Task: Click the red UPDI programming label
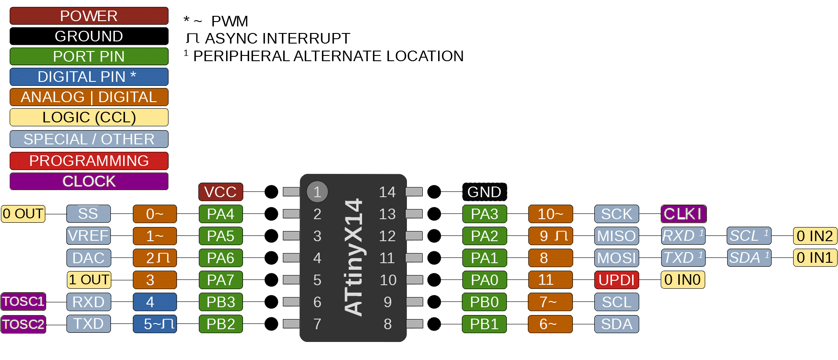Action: click(x=616, y=280)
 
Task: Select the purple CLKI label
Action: click(x=683, y=214)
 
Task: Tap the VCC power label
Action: click(x=220, y=192)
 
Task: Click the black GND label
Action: click(x=484, y=192)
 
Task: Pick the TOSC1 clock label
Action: click(x=23, y=302)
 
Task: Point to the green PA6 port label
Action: click(x=220, y=258)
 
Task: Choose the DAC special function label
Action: click(x=88, y=258)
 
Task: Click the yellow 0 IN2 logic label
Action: click(x=815, y=236)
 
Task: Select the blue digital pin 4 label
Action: click(x=154, y=302)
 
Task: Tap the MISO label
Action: click(x=616, y=236)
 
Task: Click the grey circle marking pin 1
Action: click(x=317, y=192)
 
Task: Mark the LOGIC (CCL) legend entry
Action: click(x=89, y=118)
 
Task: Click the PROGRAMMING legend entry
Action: click(x=89, y=161)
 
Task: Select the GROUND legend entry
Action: click(x=89, y=36)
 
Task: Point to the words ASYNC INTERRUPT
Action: click(x=277, y=39)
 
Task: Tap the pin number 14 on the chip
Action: click(x=387, y=192)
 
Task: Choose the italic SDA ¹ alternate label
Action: click(x=749, y=258)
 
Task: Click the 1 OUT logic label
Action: click(x=89, y=280)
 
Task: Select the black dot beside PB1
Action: click(x=434, y=324)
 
